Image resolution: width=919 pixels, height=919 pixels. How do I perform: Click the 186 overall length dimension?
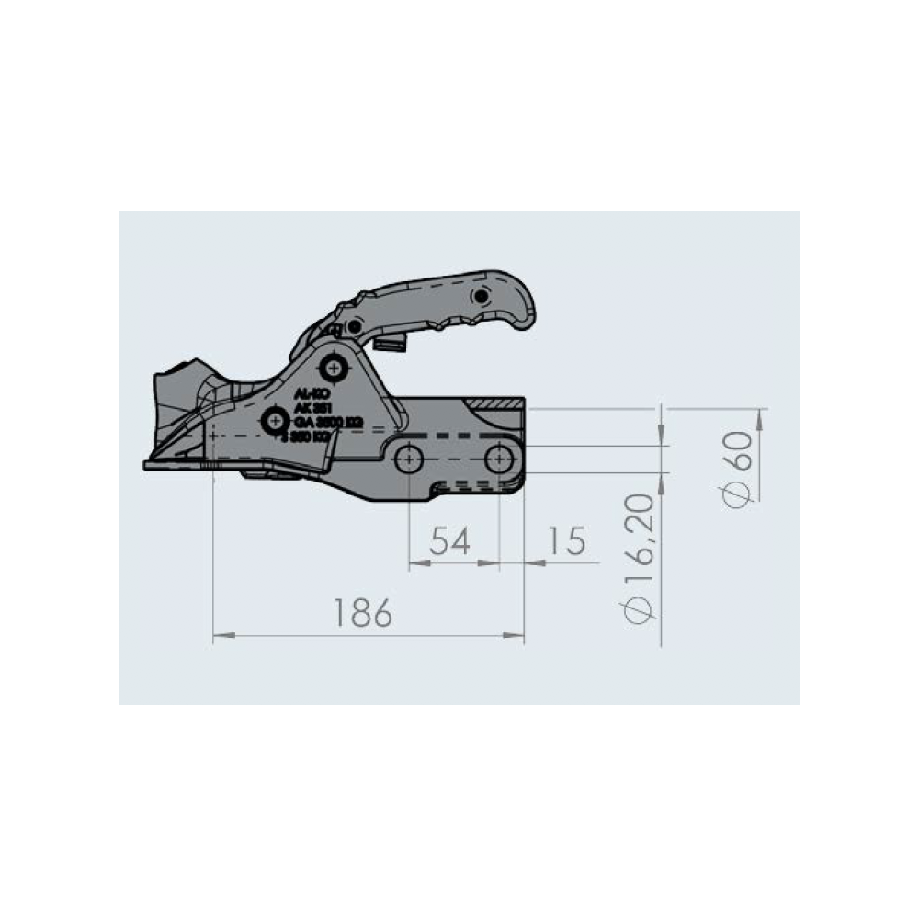pos(362,612)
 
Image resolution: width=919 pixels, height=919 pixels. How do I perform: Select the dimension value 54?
pos(450,541)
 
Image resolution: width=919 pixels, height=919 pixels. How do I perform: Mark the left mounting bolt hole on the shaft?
pos(409,458)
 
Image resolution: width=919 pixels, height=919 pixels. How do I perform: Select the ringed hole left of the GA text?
pos(273,421)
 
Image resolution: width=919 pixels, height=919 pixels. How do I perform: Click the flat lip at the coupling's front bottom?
pos(170,465)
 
